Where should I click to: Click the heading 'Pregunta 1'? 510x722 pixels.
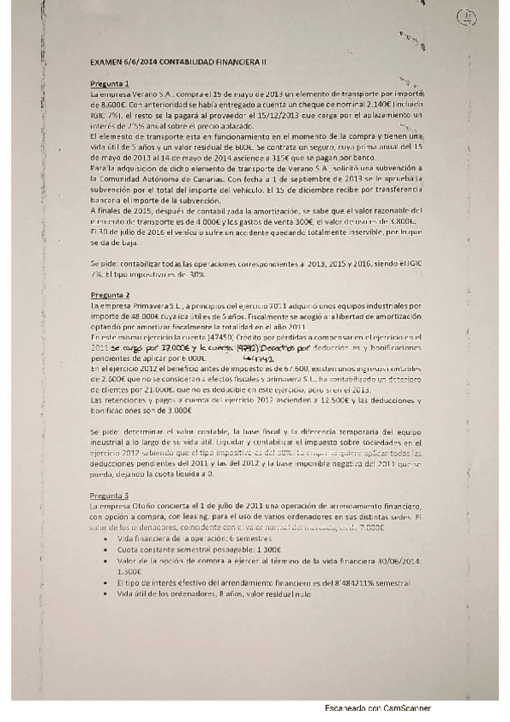click(110, 83)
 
